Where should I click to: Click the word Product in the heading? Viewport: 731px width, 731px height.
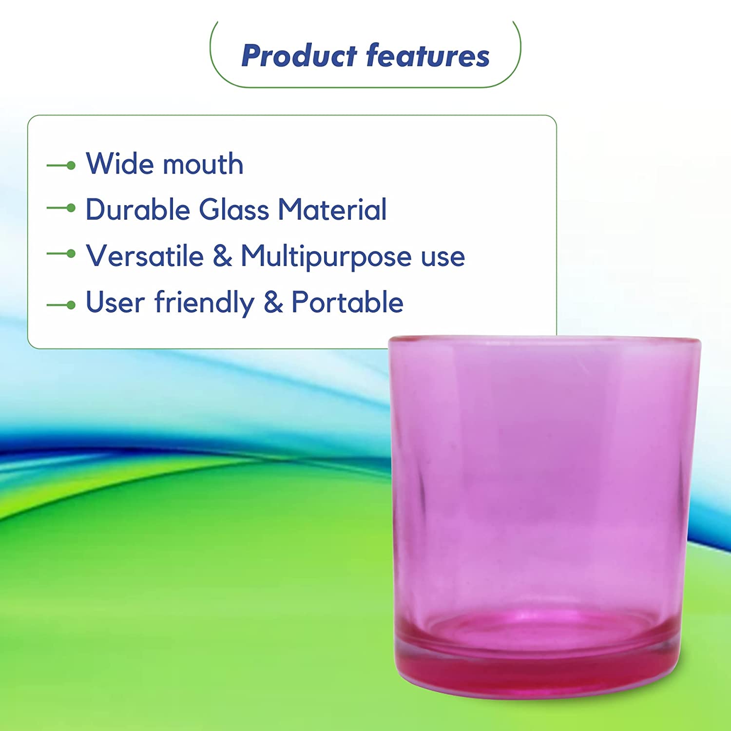coord(299,55)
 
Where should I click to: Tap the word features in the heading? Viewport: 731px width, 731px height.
coord(428,55)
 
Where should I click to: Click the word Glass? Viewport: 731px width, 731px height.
coord(234,210)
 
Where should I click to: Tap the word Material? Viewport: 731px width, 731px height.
coord(332,210)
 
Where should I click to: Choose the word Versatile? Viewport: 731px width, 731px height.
coord(145,256)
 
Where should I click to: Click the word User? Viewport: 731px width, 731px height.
coord(115,302)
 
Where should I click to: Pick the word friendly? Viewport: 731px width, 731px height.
coord(205,303)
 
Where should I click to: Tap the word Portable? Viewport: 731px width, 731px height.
coord(347,302)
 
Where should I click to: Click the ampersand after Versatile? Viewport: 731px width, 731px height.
coord(222,256)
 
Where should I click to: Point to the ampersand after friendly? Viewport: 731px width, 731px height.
coord(273,302)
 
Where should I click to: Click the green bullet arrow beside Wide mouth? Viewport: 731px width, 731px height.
coord(61,166)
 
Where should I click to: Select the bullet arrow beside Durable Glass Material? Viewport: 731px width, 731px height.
coord(61,208)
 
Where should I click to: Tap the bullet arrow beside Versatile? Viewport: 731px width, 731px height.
coord(61,254)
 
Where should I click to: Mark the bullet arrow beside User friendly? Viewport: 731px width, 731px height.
coord(61,306)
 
